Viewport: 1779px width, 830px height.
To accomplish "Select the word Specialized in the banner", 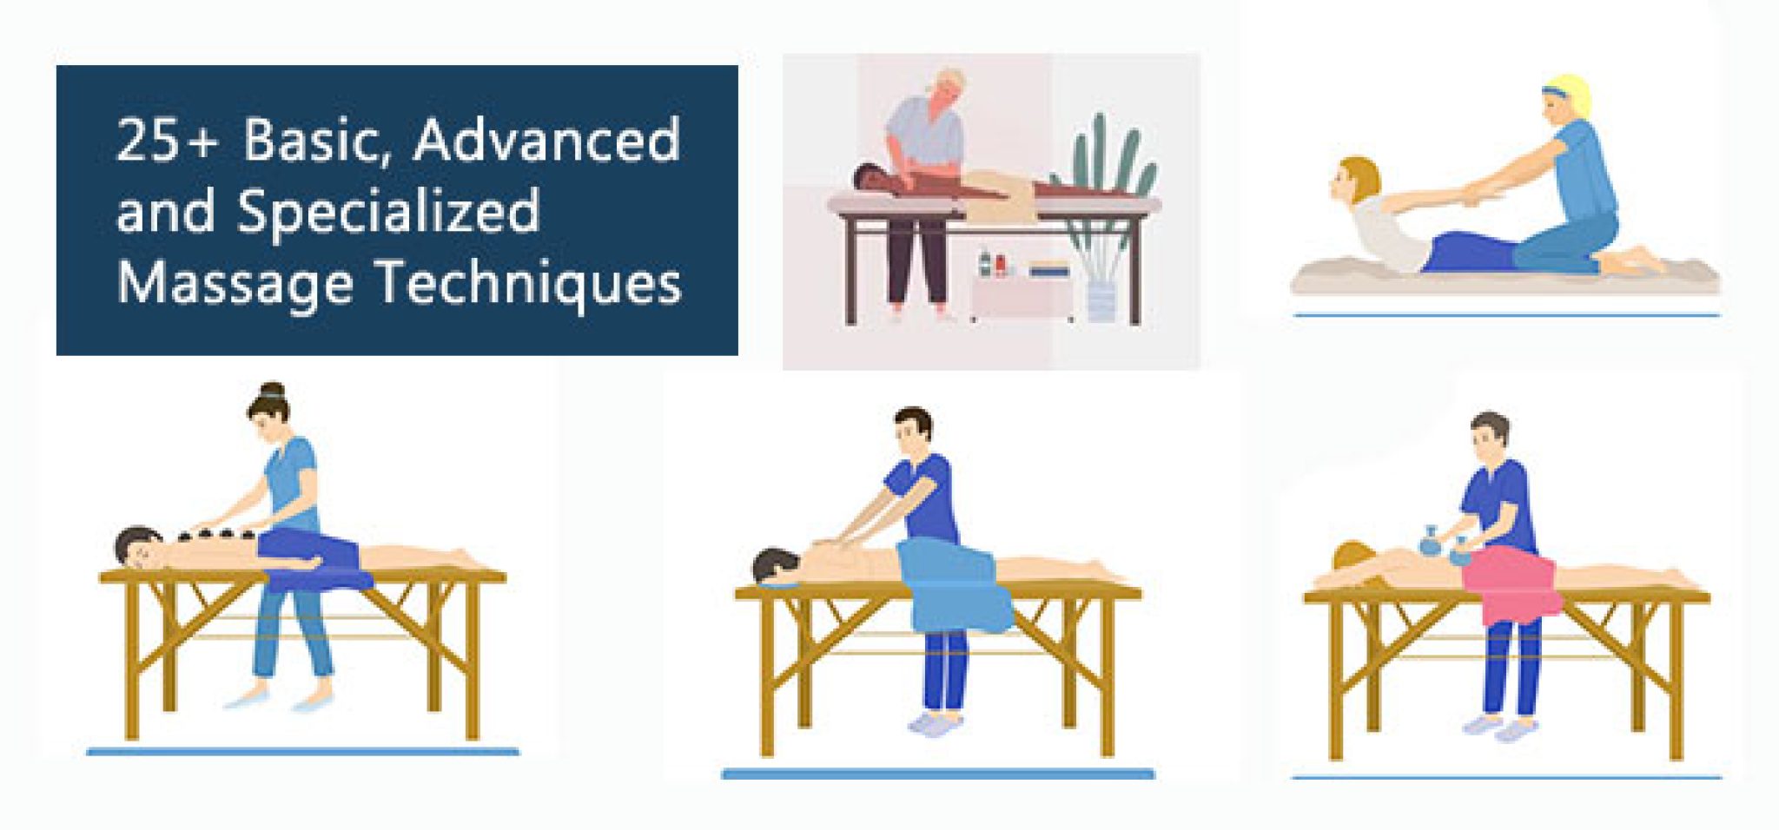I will [x=388, y=212].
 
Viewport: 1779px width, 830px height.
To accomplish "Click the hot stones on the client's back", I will [x=217, y=534].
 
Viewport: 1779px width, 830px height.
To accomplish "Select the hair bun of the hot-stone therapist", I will [x=272, y=390].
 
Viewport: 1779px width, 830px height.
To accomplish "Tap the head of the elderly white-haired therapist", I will [x=946, y=89].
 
